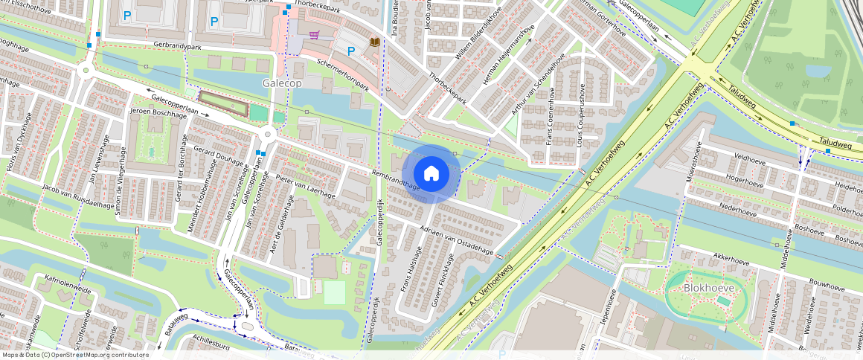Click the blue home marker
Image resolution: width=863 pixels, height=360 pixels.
431,173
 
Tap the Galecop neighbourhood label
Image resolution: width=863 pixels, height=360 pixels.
281,83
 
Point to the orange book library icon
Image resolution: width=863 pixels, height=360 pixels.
375,42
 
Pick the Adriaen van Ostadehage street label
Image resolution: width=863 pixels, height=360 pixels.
457,239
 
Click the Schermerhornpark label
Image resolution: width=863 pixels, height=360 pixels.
343,74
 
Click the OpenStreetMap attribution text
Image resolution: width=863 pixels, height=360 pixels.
74,355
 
